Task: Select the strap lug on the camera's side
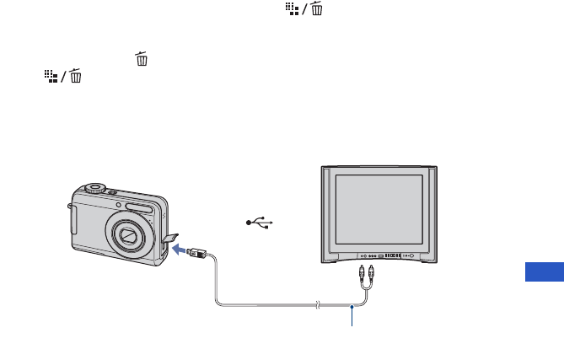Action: click(x=73, y=221)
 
